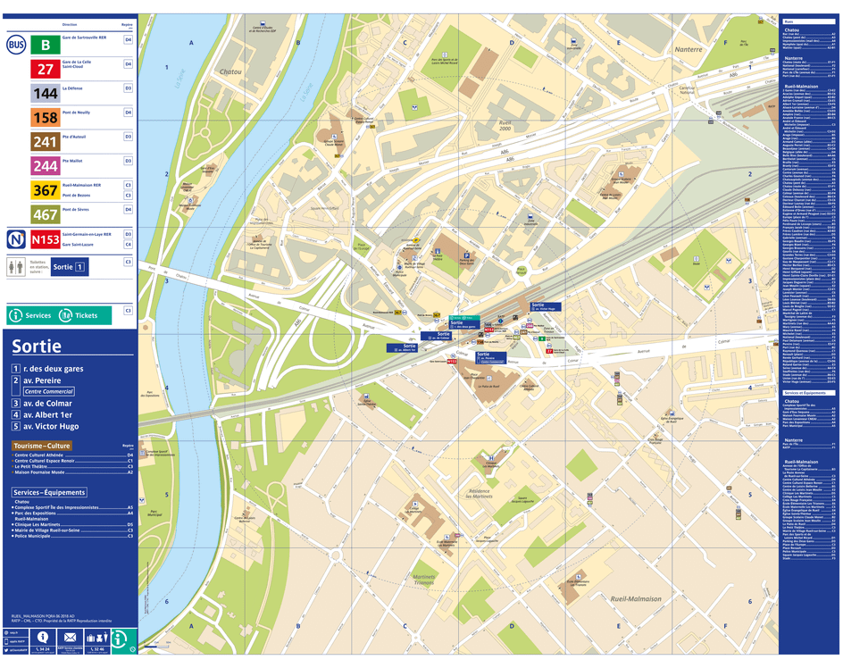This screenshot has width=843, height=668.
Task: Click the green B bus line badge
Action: click(x=46, y=44)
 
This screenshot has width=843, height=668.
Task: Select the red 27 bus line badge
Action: click(x=46, y=69)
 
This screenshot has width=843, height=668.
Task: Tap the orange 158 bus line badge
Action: click(x=46, y=117)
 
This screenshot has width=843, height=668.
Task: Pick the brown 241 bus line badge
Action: click(x=46, y=141)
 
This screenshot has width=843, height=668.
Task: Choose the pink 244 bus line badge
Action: click(x=46, y=165)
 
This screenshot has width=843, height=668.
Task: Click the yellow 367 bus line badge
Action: click(x=46, y=189)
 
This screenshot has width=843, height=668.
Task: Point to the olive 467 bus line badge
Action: click(x=46, y=214)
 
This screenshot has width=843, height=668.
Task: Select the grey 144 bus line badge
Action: click(x=46, y=93)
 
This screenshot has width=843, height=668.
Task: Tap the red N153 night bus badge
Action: click(x=46, y=239)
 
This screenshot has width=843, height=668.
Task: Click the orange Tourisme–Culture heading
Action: click(x=41, y=446)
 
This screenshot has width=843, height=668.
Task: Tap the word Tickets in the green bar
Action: click(x=87, y=315)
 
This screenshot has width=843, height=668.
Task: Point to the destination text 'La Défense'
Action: click(x=72, y=89)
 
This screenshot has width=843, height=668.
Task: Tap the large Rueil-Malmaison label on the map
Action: click(x=635, y=597)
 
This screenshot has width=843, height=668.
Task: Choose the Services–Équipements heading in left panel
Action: click(x=49, y=492)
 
